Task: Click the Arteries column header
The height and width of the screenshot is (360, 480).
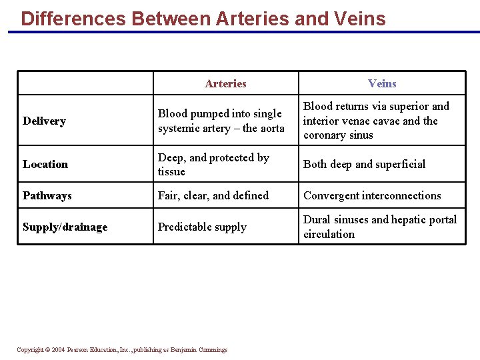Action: [x=225, y=83]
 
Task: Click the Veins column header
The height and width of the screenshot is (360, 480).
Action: [x=382, y=83]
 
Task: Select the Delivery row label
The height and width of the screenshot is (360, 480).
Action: [x=44, y=121]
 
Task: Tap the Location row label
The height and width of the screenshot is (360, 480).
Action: [x=45, y=164]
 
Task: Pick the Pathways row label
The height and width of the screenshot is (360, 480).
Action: [x=47, y=195]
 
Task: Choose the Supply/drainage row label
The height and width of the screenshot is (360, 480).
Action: [x=65, y=227]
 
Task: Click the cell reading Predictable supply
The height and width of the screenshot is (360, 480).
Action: [x=202, y=227]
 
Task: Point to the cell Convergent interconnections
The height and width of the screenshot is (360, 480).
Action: [x=372, y=195]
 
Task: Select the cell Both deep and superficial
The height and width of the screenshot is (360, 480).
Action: [x=364, y=164]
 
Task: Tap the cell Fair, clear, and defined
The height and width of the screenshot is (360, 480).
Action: [x=213, y=195]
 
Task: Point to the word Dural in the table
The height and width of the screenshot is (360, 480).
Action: [x=317, y=219]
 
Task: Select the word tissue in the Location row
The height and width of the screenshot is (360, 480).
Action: [x=171, y=171]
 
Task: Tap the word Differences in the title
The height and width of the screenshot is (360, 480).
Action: [x=73, y=18]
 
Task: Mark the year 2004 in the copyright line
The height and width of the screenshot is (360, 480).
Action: [x=57, y=350]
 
